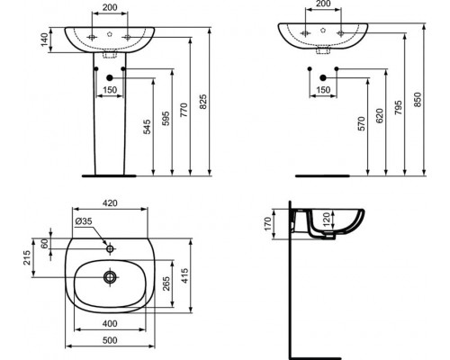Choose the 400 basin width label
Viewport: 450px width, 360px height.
pyautogui.click(x=108, y=323)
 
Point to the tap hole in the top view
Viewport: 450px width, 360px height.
pyautogui.click(x=109, y=247)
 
